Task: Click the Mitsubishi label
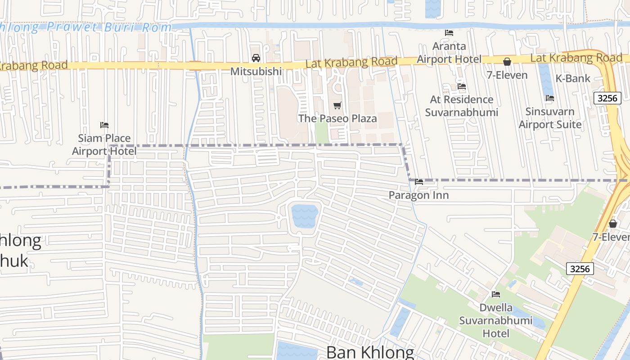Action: (x=256, y=72)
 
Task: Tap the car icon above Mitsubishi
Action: (x=256, y=58)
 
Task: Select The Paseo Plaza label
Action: (x=337, y=119)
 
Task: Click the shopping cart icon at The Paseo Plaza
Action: (x=337, y=105)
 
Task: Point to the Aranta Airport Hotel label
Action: (x=449, y=53)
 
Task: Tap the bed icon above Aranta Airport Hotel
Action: (x=449, y=32)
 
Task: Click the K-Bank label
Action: (x=572, y=78)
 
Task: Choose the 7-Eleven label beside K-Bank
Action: (x=507, y=75)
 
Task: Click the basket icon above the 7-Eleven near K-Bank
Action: (x=507, y=62)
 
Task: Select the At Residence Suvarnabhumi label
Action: (x=462, y=106)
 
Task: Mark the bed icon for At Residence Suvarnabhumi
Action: (x=461, y=86)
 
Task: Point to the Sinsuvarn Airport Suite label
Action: (x=550, y=118)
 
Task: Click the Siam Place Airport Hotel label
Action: (x=104, y=144)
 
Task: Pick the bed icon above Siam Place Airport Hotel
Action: (x=104, y=125)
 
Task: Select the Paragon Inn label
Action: (x=418, y=195)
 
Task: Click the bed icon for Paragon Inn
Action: (x=419, y=182)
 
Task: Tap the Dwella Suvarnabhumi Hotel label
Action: (x=496, y=320)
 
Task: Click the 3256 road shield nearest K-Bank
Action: (x=607, y=98)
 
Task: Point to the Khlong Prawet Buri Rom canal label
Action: (x=85, y=27)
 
